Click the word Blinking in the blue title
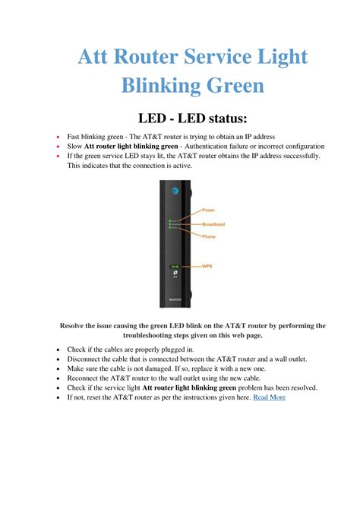coord(159,85)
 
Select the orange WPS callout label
coord(207,267)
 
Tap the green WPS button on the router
coord(175,267)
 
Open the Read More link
coord(269,397)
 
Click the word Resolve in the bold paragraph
coord(74,324)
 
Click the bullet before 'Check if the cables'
coord(59,349)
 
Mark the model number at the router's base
coord(175,299)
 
